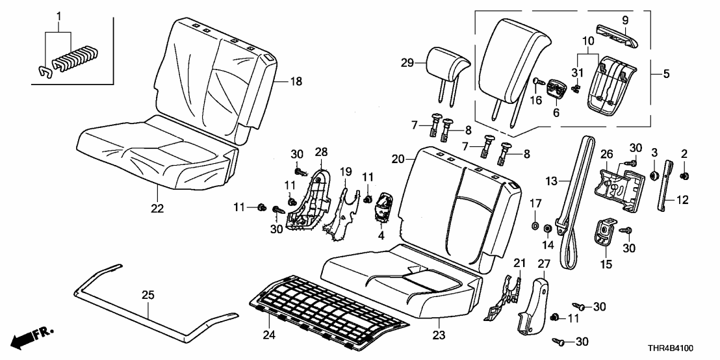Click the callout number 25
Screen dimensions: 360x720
[x=148, y=296]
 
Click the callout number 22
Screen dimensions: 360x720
[x=157, y=209]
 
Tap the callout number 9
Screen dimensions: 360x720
[x=625, y=20]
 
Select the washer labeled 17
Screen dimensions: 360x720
[x=534, y=225]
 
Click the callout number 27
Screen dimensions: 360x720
[x=545, y=263]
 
